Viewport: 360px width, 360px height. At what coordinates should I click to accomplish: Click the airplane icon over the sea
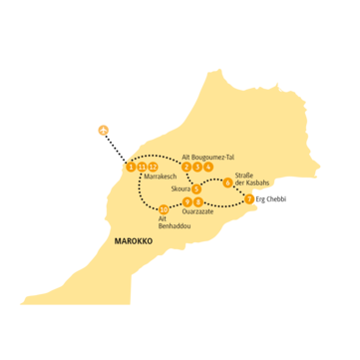(101, 128)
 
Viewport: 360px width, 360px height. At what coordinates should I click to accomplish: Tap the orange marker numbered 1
(133, 167)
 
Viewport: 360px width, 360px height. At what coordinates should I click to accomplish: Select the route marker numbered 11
(143, 167)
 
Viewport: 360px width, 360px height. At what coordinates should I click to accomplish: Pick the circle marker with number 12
(153, 167)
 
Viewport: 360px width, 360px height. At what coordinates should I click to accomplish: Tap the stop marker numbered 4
(208, 167)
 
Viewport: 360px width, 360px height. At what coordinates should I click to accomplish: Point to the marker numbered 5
(197, 188)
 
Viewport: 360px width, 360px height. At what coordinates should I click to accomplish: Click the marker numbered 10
(164, 209)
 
